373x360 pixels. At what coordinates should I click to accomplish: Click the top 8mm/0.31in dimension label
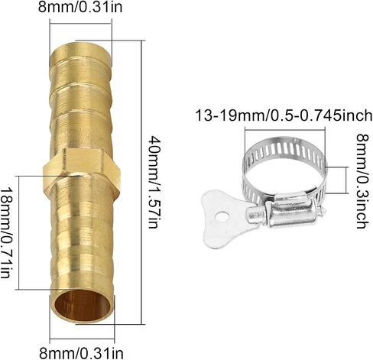click(x=80, y=7)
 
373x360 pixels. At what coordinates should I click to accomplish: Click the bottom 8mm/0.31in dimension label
click(x=81, y=353)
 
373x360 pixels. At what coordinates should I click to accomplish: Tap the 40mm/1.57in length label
click(x=155, y=182)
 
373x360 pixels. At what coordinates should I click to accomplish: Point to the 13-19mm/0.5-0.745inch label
click(x=284, y=115)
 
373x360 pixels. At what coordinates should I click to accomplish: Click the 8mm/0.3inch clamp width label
click(x=362, y=181)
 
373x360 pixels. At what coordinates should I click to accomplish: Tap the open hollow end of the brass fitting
click(x=83, y=305)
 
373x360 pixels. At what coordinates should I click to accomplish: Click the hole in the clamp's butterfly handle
click(x=222, y=216)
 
